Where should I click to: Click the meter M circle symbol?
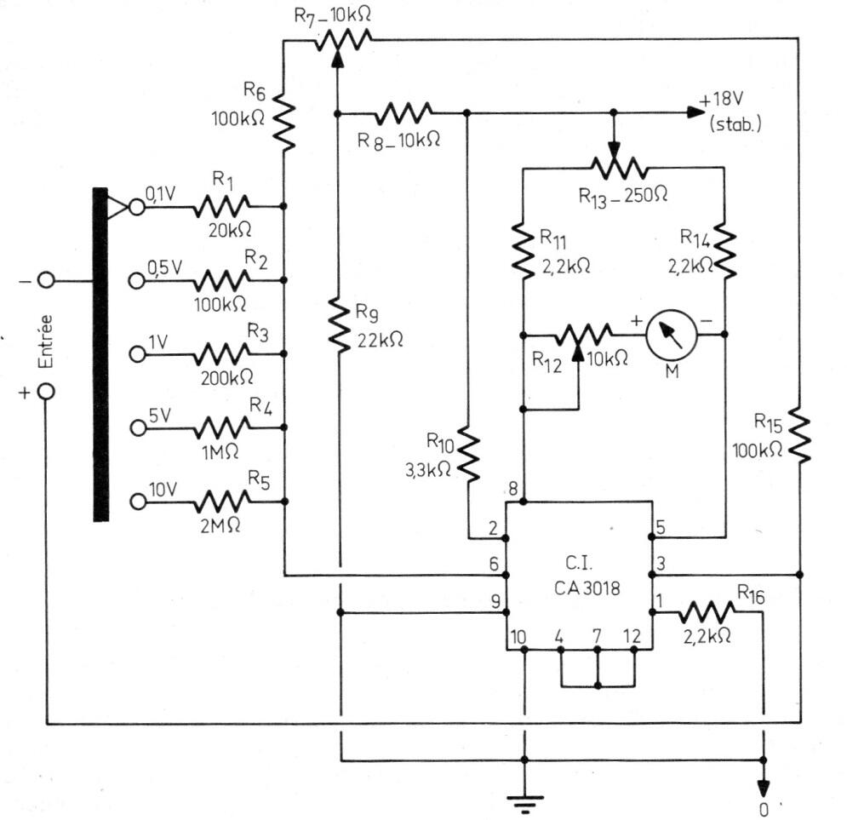671,335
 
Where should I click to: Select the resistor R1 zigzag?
222,206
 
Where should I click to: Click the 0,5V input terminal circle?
138,280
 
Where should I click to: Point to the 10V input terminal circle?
138,502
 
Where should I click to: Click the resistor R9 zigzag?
340,325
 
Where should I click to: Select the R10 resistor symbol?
468,453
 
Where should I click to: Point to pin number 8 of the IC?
513,488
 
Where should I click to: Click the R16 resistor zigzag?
707,611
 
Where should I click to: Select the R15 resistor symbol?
799,434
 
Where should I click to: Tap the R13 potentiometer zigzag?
615,167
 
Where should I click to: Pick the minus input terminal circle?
47,280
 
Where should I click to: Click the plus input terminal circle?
47,391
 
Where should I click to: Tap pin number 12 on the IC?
632,636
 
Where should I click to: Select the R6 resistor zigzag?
283,122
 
